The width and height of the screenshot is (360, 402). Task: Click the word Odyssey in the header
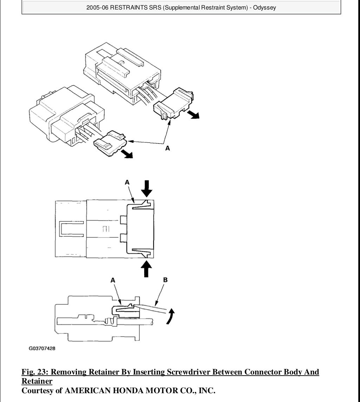click(x=265, y=7)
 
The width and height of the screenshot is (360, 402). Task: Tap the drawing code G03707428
click(x=42, y=349)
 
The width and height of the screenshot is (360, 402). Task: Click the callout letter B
click(x=166, y=280)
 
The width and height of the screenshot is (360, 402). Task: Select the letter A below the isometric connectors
click(x=168, y=148)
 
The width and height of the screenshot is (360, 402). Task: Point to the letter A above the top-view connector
click(x=127, y=182)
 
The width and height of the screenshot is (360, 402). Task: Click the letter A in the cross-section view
click(x=113, y=280)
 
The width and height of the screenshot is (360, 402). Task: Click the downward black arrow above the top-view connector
click(x=147, y=188)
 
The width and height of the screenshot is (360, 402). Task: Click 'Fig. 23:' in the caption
click(x=35, y=372)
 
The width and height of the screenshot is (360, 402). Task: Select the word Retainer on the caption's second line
click(x=37, y=381)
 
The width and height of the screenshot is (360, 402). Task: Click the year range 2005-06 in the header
click(x=97, y=7)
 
